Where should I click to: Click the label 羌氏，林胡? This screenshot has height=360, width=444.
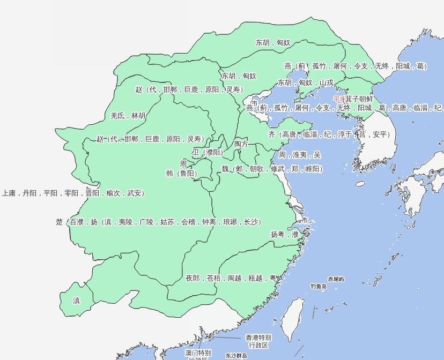128,116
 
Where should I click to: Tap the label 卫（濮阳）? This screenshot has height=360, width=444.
207,152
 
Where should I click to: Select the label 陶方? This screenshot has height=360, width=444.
241,144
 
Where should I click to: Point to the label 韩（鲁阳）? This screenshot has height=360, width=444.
181,174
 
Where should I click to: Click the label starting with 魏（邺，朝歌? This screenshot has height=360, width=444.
272,169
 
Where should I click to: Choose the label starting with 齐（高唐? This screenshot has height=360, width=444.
329,134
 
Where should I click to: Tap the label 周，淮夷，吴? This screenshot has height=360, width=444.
299,155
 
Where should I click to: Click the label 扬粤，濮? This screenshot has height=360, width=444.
284,234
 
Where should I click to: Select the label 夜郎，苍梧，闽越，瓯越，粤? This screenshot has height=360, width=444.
231,278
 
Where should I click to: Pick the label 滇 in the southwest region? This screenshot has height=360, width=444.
76,301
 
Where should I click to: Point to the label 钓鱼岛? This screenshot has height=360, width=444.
319,287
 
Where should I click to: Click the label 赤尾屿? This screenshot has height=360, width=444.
336,279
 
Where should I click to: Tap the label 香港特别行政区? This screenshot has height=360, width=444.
258,341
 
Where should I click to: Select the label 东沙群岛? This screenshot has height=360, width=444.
236,356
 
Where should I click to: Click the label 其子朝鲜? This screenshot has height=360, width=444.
358,99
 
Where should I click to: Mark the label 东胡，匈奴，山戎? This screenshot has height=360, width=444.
305,82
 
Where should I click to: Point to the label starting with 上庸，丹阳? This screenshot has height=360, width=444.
72,193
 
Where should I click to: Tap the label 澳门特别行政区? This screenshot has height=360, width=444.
198,354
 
